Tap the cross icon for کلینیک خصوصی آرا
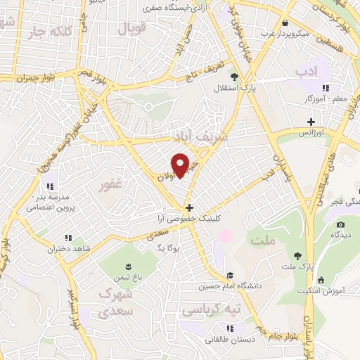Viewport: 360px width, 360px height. click(x=188, y=207)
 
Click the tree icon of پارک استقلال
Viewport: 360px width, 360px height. click(x=234, y=78)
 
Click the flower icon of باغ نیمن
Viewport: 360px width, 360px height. click(x=128, y=266)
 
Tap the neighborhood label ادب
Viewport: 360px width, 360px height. click(x=307, y=72)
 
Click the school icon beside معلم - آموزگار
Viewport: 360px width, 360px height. click(x=325, y=88)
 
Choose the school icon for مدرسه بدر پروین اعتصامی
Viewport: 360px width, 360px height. click(x=49, y=186)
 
